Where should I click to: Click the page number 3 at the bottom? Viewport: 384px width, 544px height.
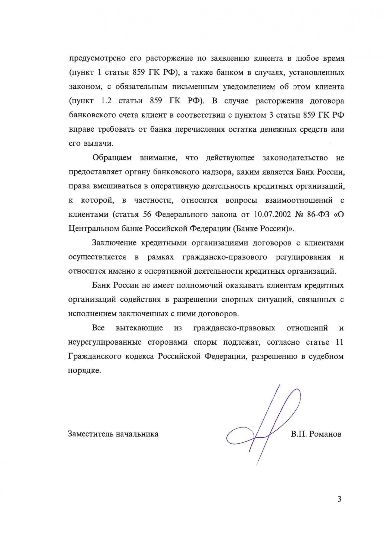339,499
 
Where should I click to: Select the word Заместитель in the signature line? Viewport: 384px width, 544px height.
90,434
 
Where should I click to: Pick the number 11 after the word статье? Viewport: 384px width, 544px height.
339,342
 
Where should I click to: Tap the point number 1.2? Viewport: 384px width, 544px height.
107,101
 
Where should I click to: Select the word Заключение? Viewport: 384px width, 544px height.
114,243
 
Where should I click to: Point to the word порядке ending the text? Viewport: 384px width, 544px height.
84,371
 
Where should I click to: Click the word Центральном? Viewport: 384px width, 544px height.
94,229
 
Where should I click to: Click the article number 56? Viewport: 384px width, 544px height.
147,215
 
